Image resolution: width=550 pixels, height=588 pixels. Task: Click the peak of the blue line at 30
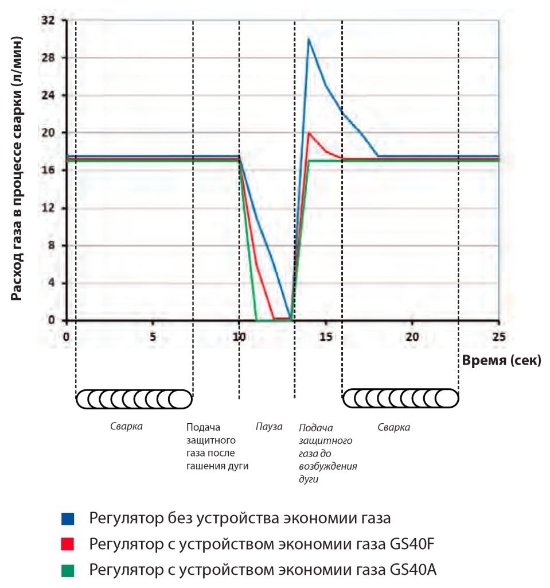309,38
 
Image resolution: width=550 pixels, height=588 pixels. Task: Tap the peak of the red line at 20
309,133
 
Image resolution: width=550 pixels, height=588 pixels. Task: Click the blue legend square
68,519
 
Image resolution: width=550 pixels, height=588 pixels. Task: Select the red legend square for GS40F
68,544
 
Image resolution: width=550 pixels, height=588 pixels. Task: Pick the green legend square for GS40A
68,570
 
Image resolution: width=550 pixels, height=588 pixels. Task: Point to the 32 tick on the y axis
48,20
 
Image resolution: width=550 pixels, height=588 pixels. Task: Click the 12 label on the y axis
48,208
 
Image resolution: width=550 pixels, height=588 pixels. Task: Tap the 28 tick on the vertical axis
48,58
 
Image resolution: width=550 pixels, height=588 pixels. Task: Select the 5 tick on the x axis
153,336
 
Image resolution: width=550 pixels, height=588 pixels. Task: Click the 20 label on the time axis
412,336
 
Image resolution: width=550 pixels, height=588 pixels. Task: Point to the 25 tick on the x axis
499,336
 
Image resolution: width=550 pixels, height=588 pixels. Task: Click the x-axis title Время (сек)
501,361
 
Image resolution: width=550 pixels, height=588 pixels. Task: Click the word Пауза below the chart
269,427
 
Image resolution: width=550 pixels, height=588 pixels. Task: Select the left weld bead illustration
134,399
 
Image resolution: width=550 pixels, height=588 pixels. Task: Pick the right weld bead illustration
400,399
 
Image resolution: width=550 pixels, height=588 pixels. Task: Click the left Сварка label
126,427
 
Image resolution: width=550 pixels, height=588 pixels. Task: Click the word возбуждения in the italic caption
328,466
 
